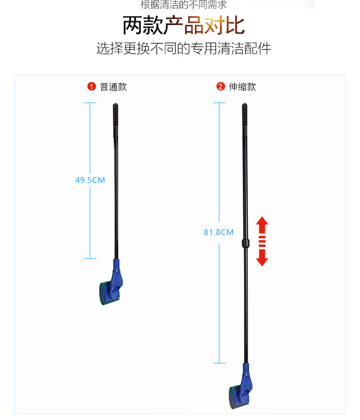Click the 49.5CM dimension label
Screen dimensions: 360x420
90,180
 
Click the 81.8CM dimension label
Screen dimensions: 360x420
218,232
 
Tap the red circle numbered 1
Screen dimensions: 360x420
92,86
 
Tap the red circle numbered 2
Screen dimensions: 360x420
220,86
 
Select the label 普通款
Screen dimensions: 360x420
113,87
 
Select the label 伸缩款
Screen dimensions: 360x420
242,87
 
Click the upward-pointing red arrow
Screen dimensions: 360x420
262,225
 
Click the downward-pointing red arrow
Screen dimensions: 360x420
262,257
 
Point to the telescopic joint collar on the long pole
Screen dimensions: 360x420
245,243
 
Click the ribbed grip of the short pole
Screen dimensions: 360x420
116,120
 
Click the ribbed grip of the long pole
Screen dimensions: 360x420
245,120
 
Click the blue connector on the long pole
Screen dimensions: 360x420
245,383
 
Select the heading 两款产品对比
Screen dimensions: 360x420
183,25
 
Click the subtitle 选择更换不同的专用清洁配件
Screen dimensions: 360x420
183,48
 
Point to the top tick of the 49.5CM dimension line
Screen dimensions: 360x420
90,103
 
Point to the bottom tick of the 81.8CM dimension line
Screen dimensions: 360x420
219,363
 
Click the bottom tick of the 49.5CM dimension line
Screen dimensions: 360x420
90,258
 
